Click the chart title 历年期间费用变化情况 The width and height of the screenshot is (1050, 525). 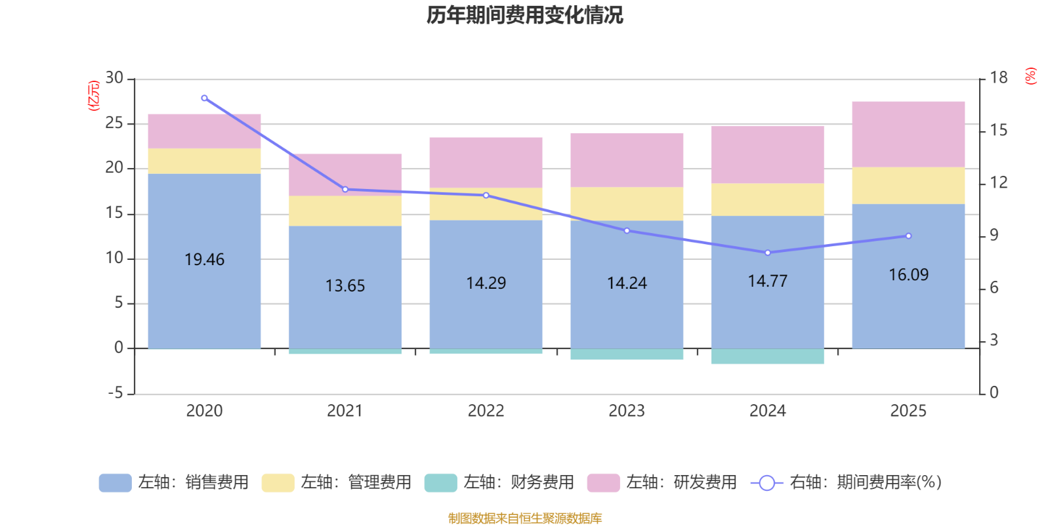(524, 15)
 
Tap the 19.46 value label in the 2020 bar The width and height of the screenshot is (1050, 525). (204, 260)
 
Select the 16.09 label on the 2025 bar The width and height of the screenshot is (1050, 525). (908, 275)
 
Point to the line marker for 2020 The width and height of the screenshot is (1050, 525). (204, 98)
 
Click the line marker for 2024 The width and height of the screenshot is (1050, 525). (768, 253)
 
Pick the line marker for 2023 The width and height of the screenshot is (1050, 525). (627, 231)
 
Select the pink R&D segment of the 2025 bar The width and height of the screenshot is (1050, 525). (908, 134)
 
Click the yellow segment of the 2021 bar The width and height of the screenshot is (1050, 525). (345, 211)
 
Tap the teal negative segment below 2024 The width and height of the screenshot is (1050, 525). (768, 356)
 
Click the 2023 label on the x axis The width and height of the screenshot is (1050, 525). (627, 411)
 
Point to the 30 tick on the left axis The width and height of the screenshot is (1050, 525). (114, 78)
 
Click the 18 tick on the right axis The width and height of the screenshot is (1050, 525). (998, 78)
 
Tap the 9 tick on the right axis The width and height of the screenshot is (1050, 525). (994, 236)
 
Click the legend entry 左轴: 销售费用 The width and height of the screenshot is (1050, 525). (174, 482)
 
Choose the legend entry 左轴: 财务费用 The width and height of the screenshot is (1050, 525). (499, 482)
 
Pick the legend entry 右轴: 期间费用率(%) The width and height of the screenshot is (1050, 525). (847, 482)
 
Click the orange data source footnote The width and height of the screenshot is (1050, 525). (524, 518)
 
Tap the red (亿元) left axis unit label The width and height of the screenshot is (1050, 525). (94, 96)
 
